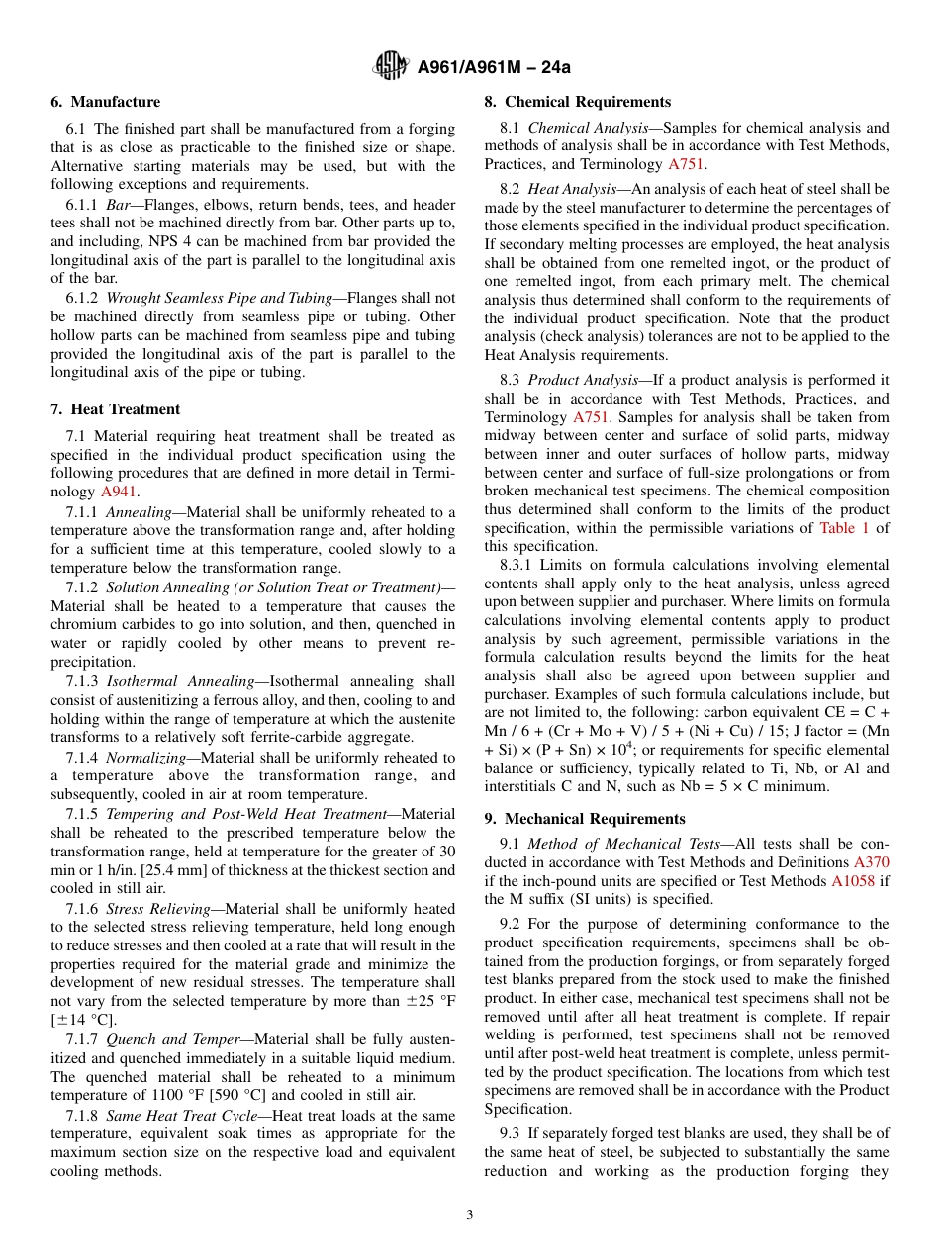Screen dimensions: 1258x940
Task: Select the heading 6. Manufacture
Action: pyautogui.click(x=106, y=102)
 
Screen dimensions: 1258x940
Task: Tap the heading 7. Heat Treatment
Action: pyautogui.click(x=116, y=409)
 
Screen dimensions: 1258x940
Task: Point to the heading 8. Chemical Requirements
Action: pyautogui.click(x=577, y=102)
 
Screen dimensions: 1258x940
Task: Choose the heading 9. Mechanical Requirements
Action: pyautogui.click(x=585, y=819)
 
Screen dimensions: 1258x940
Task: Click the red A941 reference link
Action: pyautogui.click(x=120, y=492)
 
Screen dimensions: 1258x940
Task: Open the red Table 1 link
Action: pyautogui.click(x=844, y=528)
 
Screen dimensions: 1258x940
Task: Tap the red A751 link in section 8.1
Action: pyautogui.click(x=686, y=164)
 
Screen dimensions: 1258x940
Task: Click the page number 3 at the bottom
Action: pyautogui.click(x=470, y=1214)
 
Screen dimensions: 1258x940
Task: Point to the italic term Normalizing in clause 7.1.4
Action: pyautogui.click(x=145, y=758)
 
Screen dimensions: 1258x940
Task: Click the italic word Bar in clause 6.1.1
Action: pyautogui.click(x=117, y=205)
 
